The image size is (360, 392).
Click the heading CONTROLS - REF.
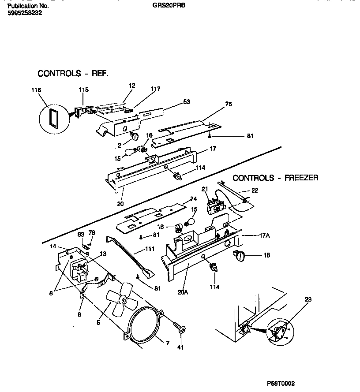73,73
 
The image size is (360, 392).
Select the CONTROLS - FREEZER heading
275,178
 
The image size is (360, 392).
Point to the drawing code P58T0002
286,384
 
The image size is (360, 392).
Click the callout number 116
36,90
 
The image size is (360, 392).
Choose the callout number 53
186,102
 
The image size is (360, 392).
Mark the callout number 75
228,105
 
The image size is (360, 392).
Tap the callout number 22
255,190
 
